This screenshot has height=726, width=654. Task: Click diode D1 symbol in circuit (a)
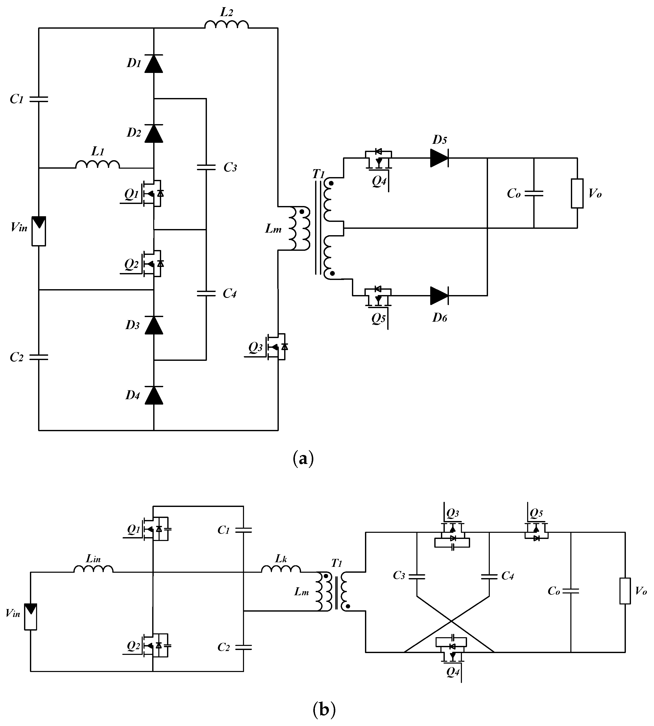click(x=154, y=64)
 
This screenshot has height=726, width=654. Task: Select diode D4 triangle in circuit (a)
click(x=154, y=395)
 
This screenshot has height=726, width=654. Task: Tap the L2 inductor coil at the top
click(x=226, y=25)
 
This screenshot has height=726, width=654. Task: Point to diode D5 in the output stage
click(x=439, y=157)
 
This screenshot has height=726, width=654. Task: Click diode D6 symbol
click(x=439, y=296)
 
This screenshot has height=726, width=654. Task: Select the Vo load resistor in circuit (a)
click(x=577, y=193)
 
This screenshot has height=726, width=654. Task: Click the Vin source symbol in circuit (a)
click(x=39, y=231)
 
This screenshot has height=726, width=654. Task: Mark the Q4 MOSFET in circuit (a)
click(x=378, y=160)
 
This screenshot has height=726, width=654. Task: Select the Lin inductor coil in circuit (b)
click(x=93, y=569)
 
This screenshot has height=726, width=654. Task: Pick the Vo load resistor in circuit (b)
click(x=625, y=591)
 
